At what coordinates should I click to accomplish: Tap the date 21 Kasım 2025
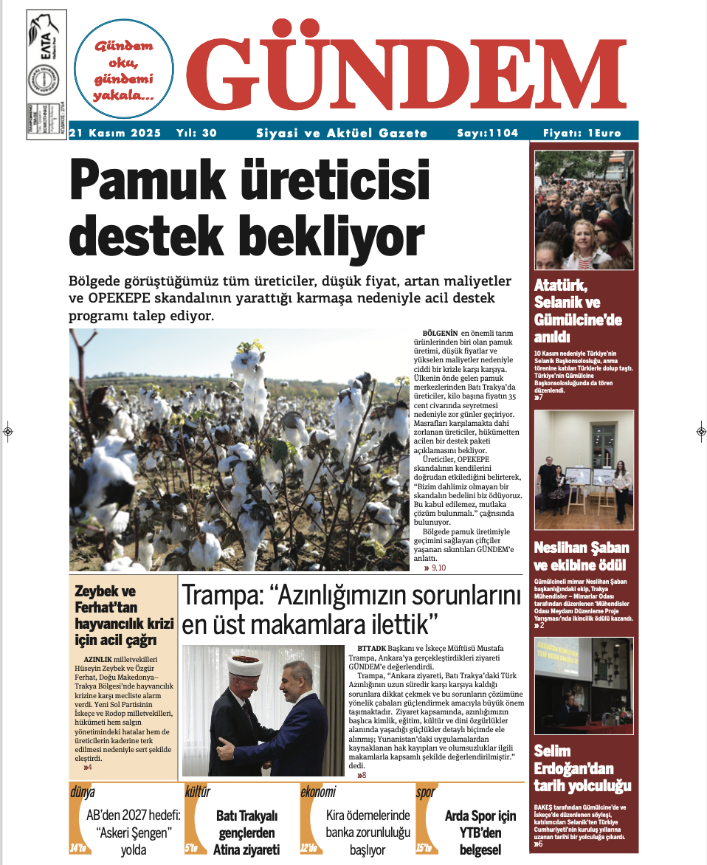pyautogui.click(x=109, y=133)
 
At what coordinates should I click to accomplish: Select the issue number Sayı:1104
pyautogui.click(x=487, y=133)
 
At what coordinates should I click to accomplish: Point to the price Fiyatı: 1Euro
pyautogui.click(x=582, y=133)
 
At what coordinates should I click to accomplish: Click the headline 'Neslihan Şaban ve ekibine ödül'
pyautogui.click(x=582, y=556)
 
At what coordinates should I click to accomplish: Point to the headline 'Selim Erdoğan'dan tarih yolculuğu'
pyautogui.click(x=582, y=768)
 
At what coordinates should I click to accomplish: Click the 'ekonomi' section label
pyautogui.click(x=318, y=793)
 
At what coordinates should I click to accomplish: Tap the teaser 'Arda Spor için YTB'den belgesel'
pyautogui.click(x=480, y=833)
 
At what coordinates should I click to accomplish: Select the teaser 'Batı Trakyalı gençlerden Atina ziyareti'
pyautogui.click(x=246, y=833)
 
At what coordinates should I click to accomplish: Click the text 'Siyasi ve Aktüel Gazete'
pyautogui.click(x=341, y=133)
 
